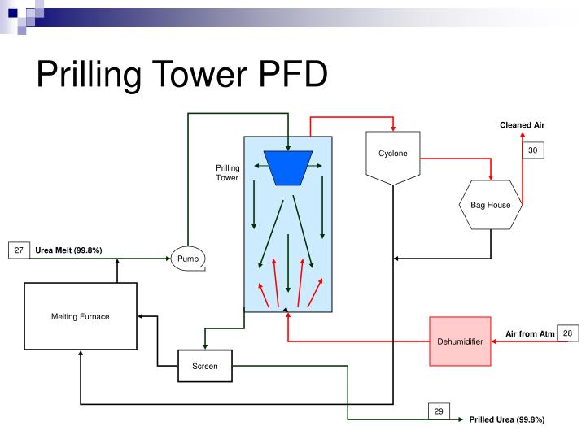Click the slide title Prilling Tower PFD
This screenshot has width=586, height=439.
coord(181,77)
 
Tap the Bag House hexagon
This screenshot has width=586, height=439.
coord(490,204)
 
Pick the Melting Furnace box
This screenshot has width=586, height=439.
coord(81,317)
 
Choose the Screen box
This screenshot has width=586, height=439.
coord(204,366)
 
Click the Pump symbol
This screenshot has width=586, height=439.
coord(188,259)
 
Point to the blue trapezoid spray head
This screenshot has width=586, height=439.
coord(289,167)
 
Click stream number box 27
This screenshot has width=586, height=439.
coord(18,250)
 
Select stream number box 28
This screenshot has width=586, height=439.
coord(568,333)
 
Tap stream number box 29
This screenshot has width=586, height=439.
coord(438,411)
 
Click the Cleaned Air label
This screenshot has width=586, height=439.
coord(522,124)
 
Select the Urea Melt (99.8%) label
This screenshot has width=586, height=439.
coord(68,250)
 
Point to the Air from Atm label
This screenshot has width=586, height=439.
coord(530,334)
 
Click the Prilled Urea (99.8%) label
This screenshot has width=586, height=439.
coord(506,419)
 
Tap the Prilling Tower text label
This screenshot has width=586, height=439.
coord(228,172)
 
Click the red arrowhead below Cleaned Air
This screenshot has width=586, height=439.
coord(523,135)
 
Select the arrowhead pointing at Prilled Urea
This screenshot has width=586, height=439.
coord(462,419)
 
